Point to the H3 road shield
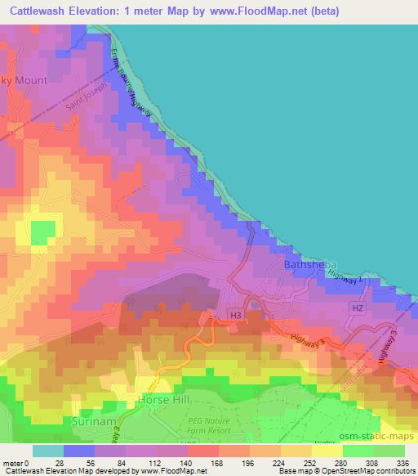pos(236,314)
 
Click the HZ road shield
pos(356,308)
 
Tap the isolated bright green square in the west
pos(40,234)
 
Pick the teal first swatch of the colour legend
pos(47,451)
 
